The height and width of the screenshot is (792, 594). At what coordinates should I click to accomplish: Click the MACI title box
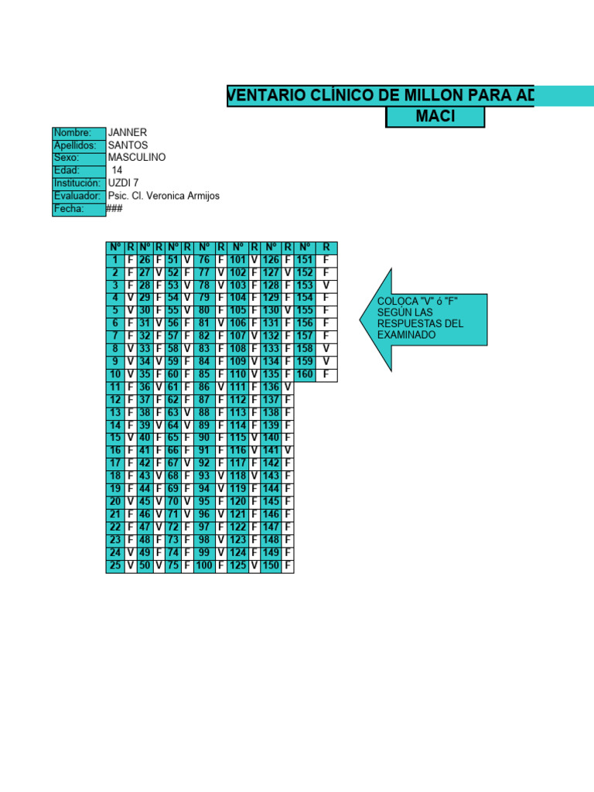click(x=435, y=117)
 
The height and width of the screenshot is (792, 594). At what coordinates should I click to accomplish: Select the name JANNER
click(x=128, y=133)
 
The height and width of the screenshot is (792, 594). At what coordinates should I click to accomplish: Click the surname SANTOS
click(x=128, y=145)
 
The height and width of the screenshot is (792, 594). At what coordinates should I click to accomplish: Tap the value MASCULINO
click(x=137, y=158)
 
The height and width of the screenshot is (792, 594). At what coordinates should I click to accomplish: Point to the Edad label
click(x=67, y=171)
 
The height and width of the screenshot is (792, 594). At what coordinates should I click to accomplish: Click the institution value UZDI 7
click(x=124, y=183)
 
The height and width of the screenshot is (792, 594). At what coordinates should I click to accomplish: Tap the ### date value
click(x=114, y=209)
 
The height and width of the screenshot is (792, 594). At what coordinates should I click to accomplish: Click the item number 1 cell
click(x=114, y=261)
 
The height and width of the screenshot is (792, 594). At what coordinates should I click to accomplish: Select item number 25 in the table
click(x=114, y=566)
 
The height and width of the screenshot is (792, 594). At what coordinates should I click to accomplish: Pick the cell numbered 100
click(x=204, y=566)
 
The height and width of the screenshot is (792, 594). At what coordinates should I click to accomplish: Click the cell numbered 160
click(x=305, y=375)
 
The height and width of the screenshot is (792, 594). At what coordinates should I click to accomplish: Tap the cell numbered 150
click(x=271, y=566)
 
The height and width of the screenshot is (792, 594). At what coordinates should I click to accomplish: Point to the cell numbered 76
click(x=204, y=261)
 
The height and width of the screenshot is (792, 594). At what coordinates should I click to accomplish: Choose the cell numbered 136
click(x=271, y=387)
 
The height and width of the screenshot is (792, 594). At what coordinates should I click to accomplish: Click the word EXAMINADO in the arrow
click(x=406, y=335)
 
